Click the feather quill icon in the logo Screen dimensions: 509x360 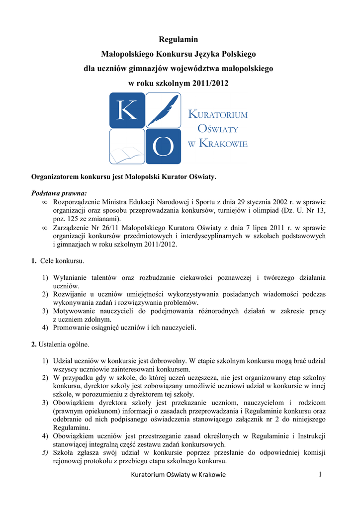tap(163, 110)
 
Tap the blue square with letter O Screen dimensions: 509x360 tap(163, 147)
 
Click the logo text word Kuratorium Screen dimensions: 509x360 tap(218, 115)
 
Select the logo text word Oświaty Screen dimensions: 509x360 tap(218, 129)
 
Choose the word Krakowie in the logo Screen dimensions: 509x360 tap(223, 144)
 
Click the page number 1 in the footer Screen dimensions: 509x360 tap(321, 475)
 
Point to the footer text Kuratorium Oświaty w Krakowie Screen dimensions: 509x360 tap(178, 475)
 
